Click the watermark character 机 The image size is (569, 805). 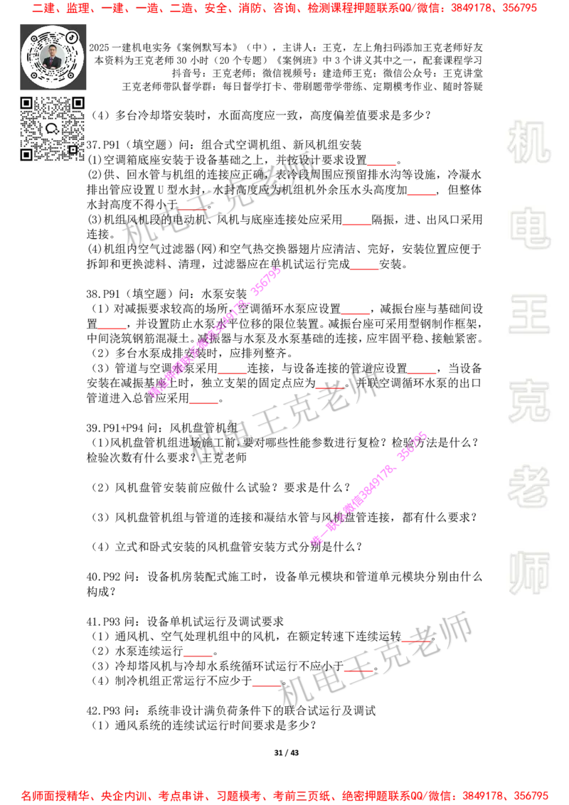click(529, 142)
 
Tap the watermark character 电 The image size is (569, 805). click(532, 228)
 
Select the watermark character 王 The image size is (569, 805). click(529, 316)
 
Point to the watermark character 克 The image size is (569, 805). click(529, 401)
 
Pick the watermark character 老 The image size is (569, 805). click(529, 486)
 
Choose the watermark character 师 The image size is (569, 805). click(529, 575)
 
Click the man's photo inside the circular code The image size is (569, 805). click(52, 57)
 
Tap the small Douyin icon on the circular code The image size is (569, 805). click(72, 37)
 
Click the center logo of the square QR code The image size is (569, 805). click(52, 129)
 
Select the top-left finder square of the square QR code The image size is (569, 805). click(26, 103)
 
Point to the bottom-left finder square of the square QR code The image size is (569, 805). click(26, 154)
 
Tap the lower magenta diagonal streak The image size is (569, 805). click(368, 489)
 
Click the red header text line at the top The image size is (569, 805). click(284, 9)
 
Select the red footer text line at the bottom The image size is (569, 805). click(284, 795)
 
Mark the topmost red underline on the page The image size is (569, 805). click(381, 166)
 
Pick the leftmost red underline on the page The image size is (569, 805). click(112, 328)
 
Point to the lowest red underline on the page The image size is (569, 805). click(265, 686)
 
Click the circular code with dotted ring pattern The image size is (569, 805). click(52, 56)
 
